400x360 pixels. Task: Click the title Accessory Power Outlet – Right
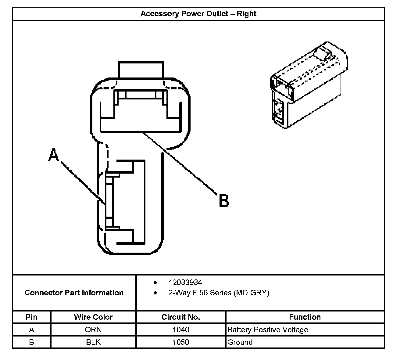pyautogui.click(x=198, y=14)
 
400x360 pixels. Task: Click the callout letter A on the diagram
pyautogui.click(x=54, y=154)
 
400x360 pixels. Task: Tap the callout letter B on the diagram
pyautogui.click(x=224, y=201)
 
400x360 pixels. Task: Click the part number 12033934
pyautogui.click(x=185, y=283)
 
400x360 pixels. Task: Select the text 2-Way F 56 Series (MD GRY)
pyautogui.click(x=219, y=293)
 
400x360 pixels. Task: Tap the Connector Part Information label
pyautogui.click(x=74, y=293)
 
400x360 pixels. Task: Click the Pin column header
pyautogui.click(x=31, y=317)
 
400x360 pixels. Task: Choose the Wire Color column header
pyautogui.click(x=93, y=317)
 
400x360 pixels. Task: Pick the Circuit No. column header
pyautogui.click(x=181, y=317)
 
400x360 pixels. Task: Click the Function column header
pyautogui.click(x=305, y=317)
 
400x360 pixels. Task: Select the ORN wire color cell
pyautogui.click(x=93, y=330)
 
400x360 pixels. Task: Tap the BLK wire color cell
pyautogui.click(x=93, y=342)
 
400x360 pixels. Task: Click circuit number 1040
pyautogui.click(x=181, y=330)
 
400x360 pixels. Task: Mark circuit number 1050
pyautogui.click(x=181, y=342)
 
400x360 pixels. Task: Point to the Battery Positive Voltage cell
pyautogui.click(x=268, y=330)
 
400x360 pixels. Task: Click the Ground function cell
pyautogui.click(x=240, y=342)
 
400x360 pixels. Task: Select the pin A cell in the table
pyautogui.click(x=31, y=330)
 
